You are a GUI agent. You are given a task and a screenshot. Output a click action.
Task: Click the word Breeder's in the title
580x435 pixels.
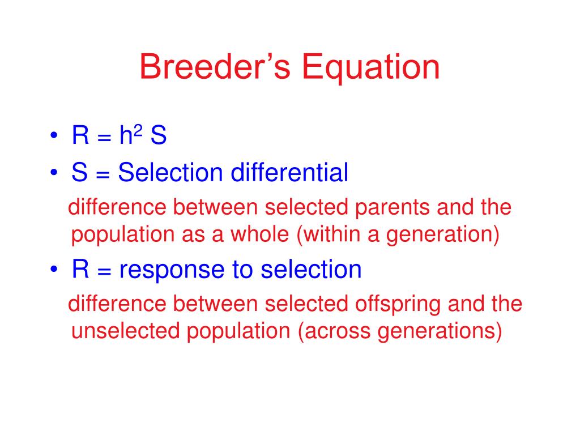[215, 67]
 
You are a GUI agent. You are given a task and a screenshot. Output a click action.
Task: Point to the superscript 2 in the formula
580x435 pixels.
[138, 130]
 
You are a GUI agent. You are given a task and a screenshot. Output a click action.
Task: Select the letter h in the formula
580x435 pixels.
[126, 135]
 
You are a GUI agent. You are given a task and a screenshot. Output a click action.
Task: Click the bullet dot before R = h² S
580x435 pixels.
[54, 135]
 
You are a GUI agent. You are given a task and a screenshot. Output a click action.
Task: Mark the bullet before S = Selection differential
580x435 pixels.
[54, 172]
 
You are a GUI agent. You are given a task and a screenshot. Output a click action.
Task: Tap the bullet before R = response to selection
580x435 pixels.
[54, 269]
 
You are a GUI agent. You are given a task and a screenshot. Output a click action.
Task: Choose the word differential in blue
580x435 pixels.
[289, 172]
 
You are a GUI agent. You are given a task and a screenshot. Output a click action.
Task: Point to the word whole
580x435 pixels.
[259, 234]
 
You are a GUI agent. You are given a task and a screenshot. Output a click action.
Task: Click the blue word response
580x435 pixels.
[172, 270]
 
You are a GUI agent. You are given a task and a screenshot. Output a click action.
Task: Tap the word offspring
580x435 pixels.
[398, 304]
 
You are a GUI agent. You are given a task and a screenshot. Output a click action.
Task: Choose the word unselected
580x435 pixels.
[125, 331]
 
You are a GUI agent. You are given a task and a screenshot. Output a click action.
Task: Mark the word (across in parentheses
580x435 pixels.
[334, 331]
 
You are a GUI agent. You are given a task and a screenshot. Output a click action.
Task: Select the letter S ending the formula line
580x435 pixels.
[159, 135]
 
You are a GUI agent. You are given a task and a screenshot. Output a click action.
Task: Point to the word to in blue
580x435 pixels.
[242, 270]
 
